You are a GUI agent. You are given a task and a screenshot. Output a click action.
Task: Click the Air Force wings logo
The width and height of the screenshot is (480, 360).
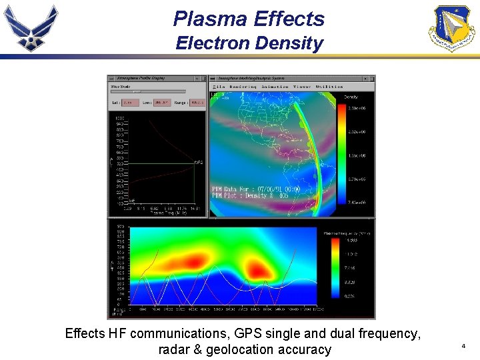point(31,27)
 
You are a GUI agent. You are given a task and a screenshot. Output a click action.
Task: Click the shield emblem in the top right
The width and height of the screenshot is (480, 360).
point(451,27)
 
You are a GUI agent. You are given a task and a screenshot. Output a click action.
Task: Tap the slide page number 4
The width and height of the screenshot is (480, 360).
point(463,346)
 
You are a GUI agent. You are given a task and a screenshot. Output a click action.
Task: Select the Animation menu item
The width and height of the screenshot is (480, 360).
point(275,87)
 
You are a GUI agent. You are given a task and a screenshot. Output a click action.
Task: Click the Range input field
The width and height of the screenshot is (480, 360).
point(197,103)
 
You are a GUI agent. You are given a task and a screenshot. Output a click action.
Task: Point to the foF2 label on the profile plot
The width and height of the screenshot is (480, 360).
point(199,162)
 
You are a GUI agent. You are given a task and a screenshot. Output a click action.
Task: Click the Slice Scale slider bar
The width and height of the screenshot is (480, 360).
point(147,91)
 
